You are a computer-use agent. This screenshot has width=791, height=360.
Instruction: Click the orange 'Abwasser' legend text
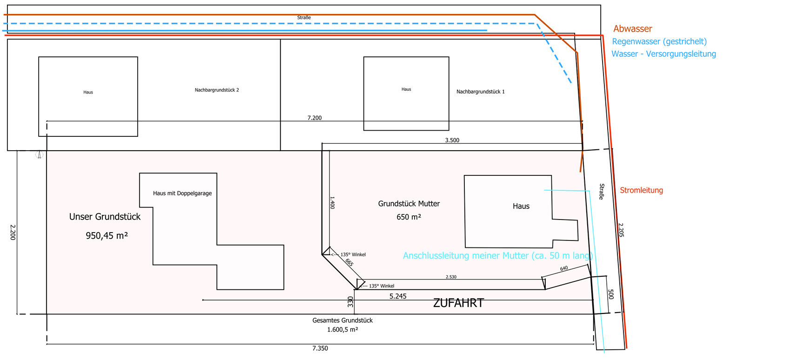(632, 29)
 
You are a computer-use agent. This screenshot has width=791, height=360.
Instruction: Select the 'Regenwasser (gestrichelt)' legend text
(659, 41)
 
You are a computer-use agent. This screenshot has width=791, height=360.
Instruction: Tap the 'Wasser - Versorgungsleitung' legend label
(664, 54)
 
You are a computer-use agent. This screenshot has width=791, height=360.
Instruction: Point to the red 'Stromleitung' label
(641, 190)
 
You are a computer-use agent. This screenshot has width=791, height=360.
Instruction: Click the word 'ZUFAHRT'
(458, 303)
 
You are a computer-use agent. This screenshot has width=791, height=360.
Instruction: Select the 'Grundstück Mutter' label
(409, 204)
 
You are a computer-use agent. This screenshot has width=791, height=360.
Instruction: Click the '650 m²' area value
(409, 217)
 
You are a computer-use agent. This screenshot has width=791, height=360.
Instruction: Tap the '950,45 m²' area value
(107, 236)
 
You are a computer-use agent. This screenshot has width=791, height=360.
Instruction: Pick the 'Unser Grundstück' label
(105, 217)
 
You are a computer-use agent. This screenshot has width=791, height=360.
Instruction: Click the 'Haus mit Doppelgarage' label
(182, 193)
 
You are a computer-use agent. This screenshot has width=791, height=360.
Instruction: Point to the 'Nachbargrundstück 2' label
(217, 90)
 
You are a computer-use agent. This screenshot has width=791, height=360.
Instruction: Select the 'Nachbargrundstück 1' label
(480, 92)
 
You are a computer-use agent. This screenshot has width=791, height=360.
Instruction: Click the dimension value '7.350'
(320, 348)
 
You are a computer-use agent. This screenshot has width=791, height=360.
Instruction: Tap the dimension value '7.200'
(315, 118)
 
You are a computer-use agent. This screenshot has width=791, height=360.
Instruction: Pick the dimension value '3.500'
(452, 140)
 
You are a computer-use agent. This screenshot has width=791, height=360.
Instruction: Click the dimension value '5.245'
(398, 296)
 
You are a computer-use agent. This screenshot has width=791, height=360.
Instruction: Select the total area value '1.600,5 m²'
(342, 330)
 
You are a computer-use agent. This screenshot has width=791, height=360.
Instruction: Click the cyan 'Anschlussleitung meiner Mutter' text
(497, 256)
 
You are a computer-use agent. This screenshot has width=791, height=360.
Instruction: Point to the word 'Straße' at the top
(304, 18)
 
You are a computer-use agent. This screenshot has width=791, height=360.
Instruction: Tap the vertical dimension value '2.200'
(13, 232)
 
